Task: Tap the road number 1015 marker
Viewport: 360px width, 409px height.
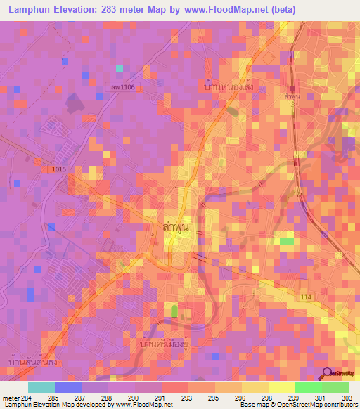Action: [x=60, y=169]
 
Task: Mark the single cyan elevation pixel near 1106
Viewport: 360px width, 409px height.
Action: [x=120, y=68]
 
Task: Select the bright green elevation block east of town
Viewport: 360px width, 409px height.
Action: [x=286, y=241]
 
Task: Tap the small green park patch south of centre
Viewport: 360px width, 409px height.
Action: [x=174, y=310]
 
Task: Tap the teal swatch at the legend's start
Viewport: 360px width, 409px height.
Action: [x=41, y=387]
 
